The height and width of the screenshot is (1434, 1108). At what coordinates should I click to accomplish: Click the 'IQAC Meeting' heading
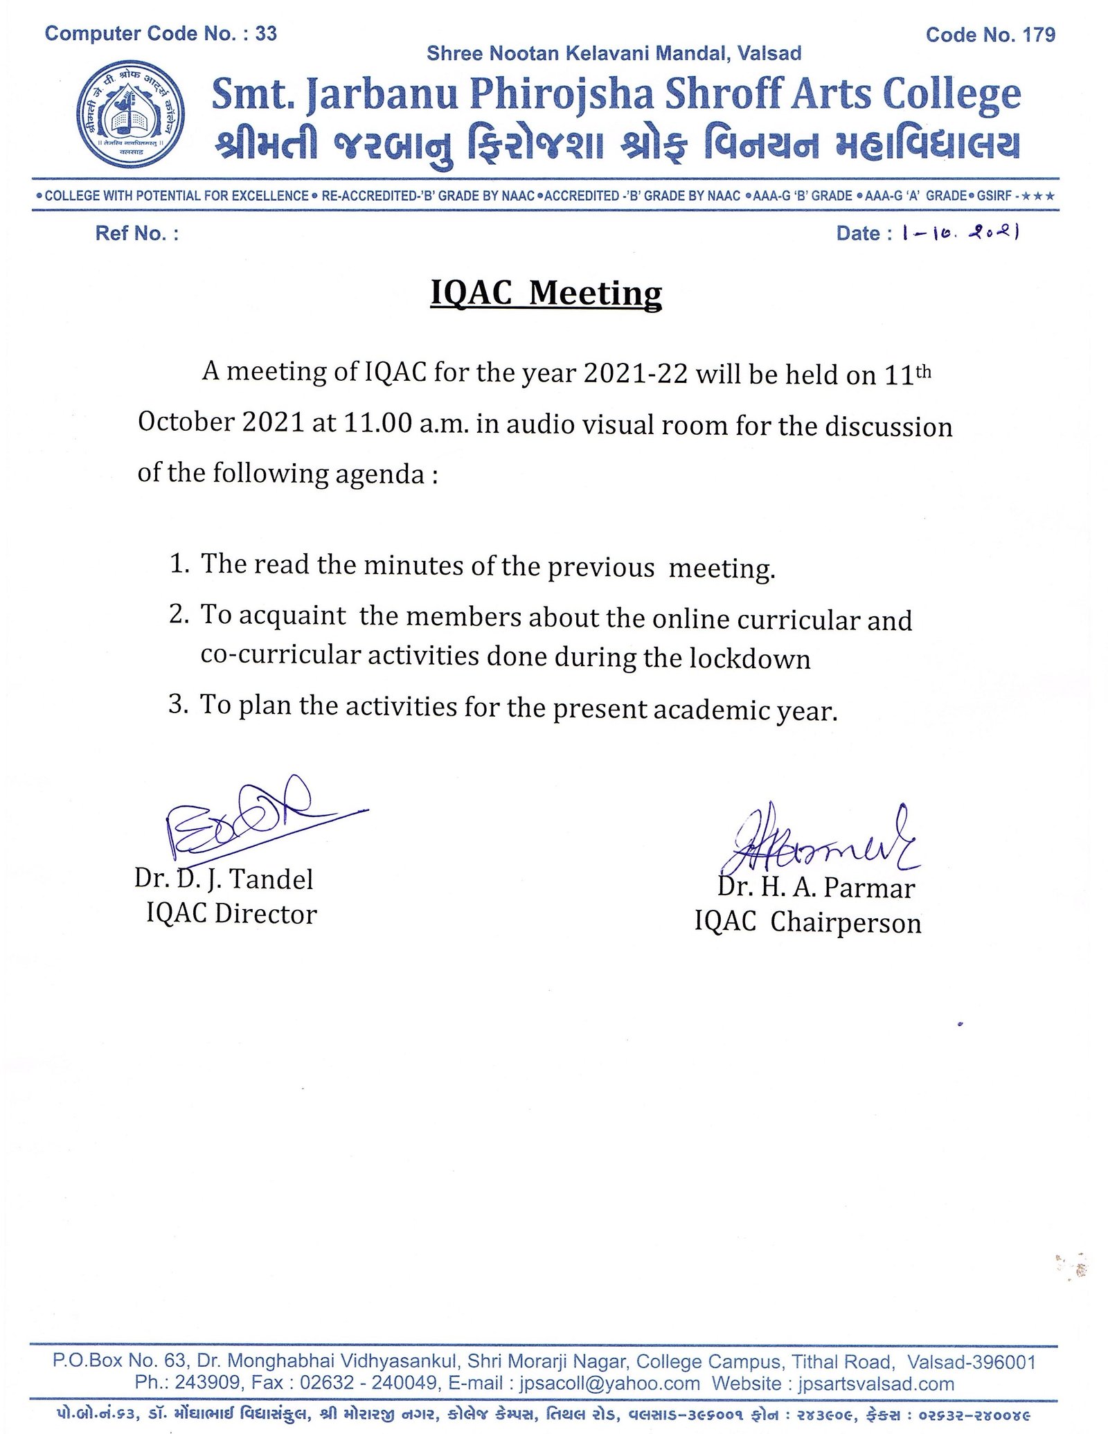click(546, 293)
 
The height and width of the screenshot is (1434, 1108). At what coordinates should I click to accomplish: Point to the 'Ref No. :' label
click(137, 233)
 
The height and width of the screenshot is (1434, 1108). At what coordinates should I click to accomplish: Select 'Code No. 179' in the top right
click(990, 35)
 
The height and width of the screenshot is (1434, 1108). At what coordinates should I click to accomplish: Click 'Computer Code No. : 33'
click(161, 33)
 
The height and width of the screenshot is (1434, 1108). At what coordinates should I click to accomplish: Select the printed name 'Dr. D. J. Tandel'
click(224, 879)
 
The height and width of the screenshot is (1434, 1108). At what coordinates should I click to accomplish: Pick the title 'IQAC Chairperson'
click(807, 923)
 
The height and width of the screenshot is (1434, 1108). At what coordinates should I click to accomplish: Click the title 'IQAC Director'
click(231, 914)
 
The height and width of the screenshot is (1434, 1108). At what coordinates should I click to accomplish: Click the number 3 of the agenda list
click(178, 705)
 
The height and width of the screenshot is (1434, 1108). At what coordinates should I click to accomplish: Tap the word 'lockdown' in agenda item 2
click(750, 658)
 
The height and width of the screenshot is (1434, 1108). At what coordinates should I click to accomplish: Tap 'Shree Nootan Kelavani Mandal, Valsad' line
click(614, 53)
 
